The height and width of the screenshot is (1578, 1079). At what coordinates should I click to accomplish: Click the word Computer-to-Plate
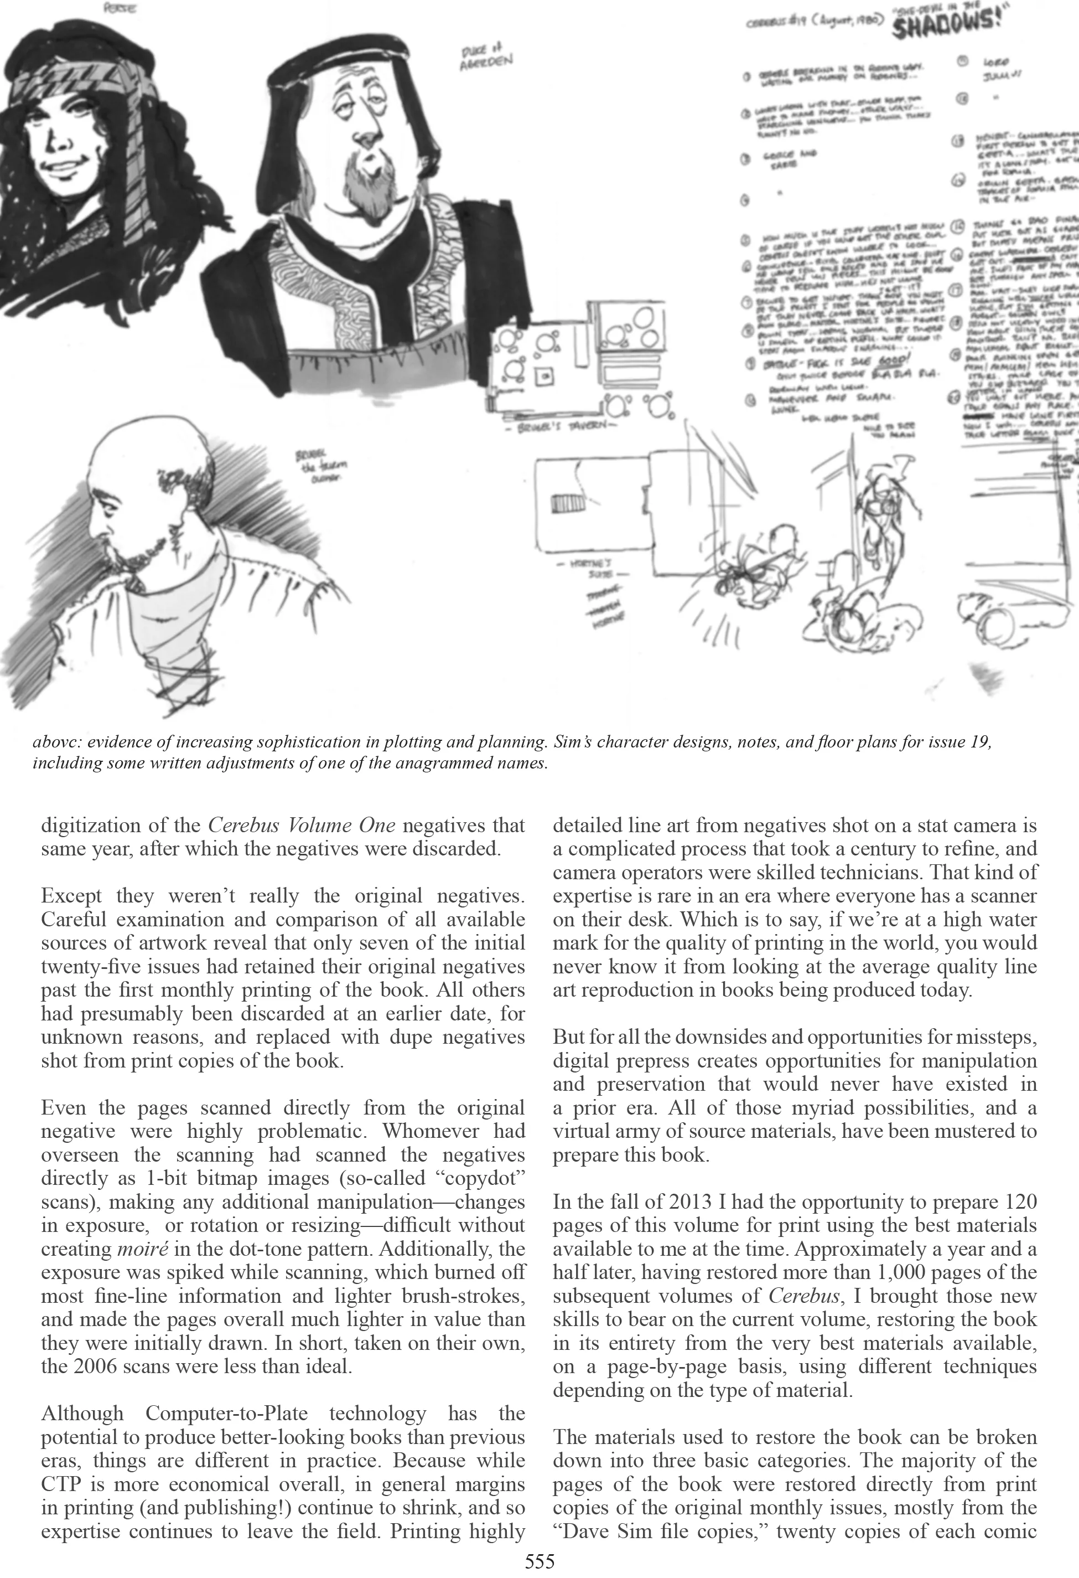pos(226,1413)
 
